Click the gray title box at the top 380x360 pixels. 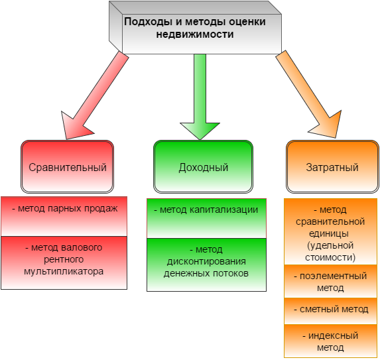(x=195, y=28)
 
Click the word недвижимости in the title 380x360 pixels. (x=195, y=34)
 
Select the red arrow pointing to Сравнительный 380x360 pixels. (x=95, y=95)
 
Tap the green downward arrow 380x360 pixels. (x=200, y=97)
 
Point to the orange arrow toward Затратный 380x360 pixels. (x=308, y=95)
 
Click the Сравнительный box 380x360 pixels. (x=68, y=166)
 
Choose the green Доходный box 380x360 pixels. (x=204, y=166)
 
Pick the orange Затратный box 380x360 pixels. (x=332, y=166)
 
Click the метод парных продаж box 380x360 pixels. (x=64, y=216)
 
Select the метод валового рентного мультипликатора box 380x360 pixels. (x=64, y=263)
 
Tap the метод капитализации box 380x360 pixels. (x=206, y=218)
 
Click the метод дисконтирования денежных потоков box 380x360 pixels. (x=206, y=265)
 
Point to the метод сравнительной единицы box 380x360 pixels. (x=330, y=231)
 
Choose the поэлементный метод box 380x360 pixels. (x=330, y=281)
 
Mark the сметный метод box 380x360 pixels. (x=330, y=311)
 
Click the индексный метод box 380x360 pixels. (x=330, y=341)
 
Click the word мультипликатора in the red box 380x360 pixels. (x=64, y=272)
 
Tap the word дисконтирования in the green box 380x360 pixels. (x=206, y=262)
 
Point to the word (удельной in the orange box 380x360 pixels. (x=330, y=246)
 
